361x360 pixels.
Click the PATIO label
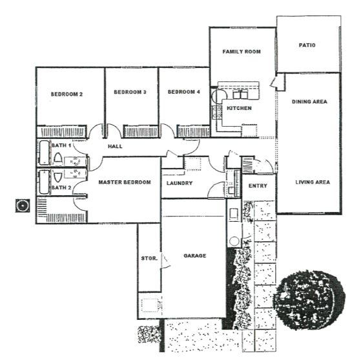(x=307, y=45)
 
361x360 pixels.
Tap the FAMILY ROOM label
(x=242, y=52)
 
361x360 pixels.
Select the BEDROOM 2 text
(x=67, y=94)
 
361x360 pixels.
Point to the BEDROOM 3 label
(x=130, y=92)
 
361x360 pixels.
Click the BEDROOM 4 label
(x=183, y=92)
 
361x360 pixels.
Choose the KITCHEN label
(x=239, y=108)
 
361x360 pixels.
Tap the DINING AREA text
(x=309, y=101)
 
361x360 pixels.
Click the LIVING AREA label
(x=313, y=182)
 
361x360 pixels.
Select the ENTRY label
(x=258, y=185)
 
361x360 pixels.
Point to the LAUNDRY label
(x=180, y=183)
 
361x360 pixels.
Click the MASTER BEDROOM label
(x=125, y=182)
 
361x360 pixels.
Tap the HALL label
(x=115, y=146)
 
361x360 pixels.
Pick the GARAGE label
(x=195, y=255)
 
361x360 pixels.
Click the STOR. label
(x=149, y=259)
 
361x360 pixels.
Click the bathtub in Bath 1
(x=44, y=153)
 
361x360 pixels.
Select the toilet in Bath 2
(x=57, y=177)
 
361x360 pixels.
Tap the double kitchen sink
(x=240, y=94)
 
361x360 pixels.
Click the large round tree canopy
(x=309, y=300)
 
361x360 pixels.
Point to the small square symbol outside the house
(x=23, y=206)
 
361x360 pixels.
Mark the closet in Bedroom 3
(x=141, y=132)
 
